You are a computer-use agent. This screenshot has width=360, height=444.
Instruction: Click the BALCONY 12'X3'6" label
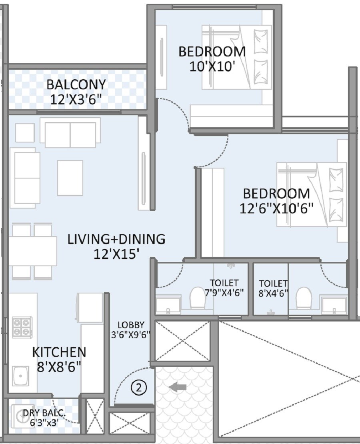(76, 92)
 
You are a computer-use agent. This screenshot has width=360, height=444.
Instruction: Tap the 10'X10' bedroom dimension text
(212, 66)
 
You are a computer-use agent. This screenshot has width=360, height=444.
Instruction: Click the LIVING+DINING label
(116, 239)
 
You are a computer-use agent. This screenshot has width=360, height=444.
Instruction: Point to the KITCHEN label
(59, 352)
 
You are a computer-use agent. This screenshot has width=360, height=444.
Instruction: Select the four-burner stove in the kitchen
(22, 327)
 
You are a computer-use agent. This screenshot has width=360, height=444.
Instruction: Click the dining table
(32, 251)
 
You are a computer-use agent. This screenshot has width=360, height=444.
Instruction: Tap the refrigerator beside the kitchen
(90, 307)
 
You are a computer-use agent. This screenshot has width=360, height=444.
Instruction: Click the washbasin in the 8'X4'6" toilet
(334, 306)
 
